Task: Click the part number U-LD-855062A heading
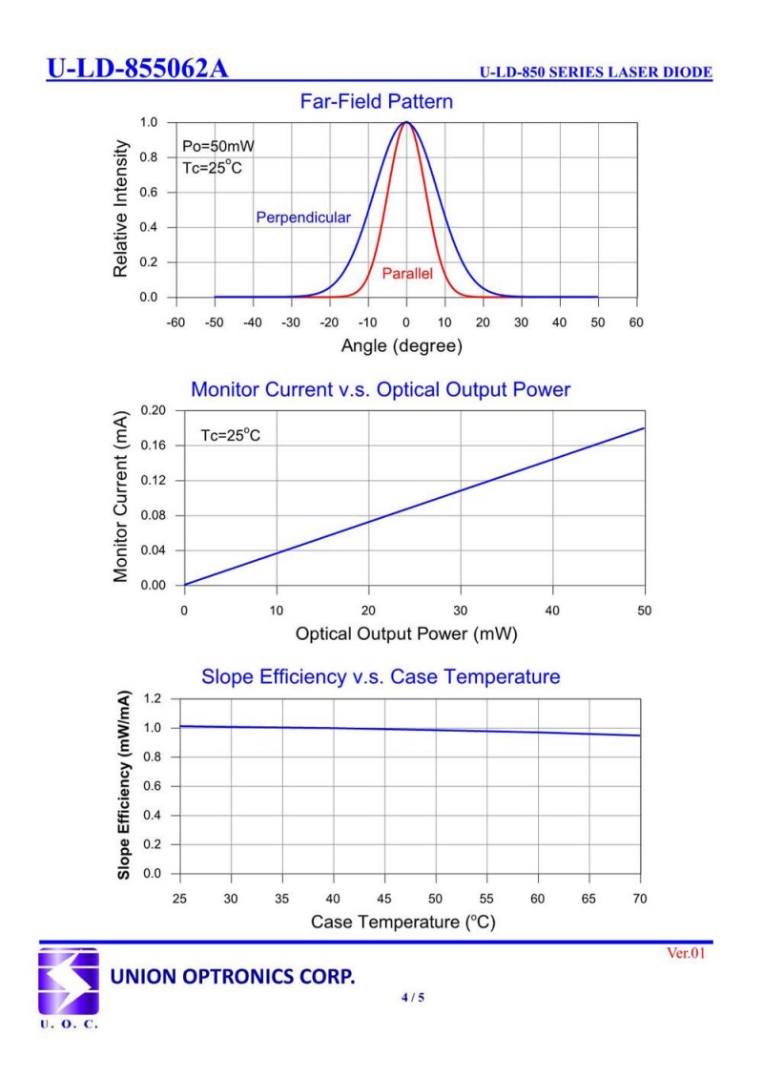(x=137, y=70)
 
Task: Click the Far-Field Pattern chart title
(x=376, y=101)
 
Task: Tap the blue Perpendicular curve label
(x=303, y=218)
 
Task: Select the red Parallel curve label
(x=407, y=274)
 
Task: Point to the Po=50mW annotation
(x=218, y=147)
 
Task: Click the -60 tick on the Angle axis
(x=175, y=322)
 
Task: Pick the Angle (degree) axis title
(x=402, y=346)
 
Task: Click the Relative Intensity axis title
(x=121, y=209)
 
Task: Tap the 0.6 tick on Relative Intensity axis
(x=151, y=192)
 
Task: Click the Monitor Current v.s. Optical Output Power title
(x=381, y=389)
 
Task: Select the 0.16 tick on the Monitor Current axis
(x=154, y=446)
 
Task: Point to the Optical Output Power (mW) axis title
(x=406, y=633)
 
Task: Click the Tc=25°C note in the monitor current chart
(x=230, y=436)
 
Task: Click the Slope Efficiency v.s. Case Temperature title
(x=381, y=677)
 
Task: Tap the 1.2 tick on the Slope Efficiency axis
(x=154, y=698)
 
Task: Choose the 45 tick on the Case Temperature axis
(x=384, y=898)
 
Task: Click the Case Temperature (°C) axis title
(x=402, y=923)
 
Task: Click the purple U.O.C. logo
(x=68, y=982)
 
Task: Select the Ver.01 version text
(x=685, y=953)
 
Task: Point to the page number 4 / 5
(x=412, y=998)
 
